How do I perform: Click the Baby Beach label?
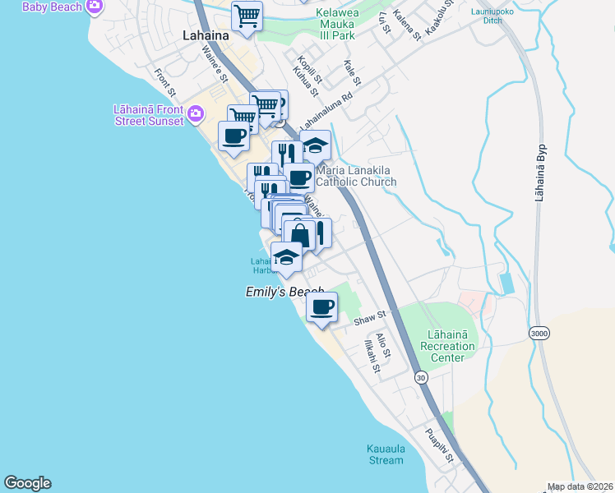(x=52, y=7)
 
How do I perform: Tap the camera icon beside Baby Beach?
(x=95, y=7)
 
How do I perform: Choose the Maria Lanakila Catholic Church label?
(x=355, y=176)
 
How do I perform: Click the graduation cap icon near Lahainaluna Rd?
(x=315, y=145)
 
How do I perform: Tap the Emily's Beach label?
(x=284, y=292)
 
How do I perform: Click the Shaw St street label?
(x=370, y=318)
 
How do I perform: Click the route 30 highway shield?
(x=422, y=377)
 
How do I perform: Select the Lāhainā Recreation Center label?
(x=447, y=346)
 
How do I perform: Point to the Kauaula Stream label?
(x=386, y=454)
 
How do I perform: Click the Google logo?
(x=27, y=483)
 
